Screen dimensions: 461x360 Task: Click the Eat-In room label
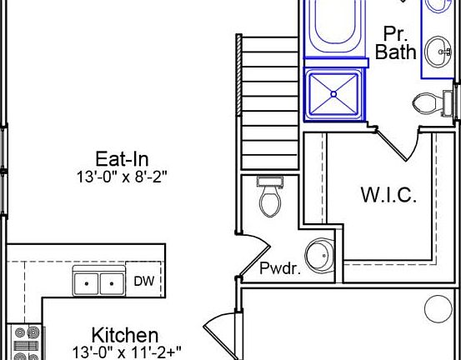(x=122, y=159)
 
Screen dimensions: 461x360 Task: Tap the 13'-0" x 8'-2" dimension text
(x=122, y=177)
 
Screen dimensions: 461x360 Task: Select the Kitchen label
(x=125, y=335)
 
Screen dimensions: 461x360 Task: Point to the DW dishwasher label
(x=143, y=281)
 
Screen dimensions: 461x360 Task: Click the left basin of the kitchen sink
(x=86, y=283)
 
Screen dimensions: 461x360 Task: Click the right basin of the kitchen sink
(x=112, y=283)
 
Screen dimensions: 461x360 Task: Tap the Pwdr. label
(x=280, y=268)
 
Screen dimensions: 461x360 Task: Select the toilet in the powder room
(x=270, y=195)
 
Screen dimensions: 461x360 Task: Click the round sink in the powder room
(x=320, y=255)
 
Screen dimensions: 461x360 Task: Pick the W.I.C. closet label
(x=388, y=195)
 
